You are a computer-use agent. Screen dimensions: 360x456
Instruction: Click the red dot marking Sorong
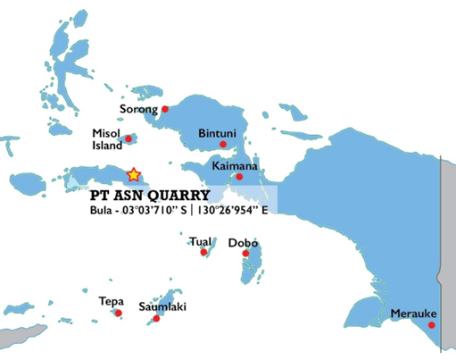165,109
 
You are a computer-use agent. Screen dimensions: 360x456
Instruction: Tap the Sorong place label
138,110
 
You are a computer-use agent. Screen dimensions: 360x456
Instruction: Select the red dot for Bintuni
223,144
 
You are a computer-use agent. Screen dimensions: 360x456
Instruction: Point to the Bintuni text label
217,132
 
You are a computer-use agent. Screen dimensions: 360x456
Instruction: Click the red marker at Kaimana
238,177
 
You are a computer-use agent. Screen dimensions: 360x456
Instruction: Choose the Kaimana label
235,166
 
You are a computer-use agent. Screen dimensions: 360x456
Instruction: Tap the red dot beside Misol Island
129,138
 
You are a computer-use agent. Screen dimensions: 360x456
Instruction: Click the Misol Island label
106,139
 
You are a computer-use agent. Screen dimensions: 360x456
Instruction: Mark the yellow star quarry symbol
133,175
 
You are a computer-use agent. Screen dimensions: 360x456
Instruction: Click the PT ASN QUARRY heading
150,195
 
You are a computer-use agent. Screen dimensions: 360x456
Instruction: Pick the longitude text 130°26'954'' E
234,211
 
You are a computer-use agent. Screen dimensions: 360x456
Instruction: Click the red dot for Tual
203,253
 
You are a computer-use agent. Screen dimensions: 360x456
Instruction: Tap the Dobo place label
243,243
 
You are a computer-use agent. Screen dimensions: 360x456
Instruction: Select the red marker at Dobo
245,254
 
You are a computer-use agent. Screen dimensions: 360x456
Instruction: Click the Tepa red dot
119,313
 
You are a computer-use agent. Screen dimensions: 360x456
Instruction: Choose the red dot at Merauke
432,324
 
